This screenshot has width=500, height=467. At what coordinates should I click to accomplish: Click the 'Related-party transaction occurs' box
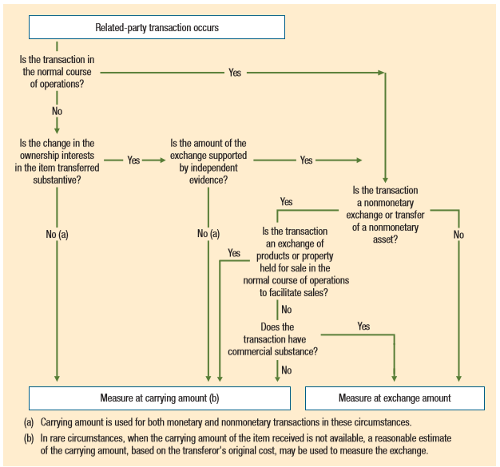(157, 27)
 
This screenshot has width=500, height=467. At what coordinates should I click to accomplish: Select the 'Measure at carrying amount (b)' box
(160, 398)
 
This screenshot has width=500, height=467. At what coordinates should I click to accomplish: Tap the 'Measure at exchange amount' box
(395, 398)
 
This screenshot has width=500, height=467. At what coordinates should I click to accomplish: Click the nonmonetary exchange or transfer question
(385, 214)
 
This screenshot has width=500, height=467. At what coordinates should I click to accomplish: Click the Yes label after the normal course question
(235, 73)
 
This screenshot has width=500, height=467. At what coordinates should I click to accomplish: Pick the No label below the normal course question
(56, 111)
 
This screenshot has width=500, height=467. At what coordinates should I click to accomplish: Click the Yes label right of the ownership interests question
(133, 160)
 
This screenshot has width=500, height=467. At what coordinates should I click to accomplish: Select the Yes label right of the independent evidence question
(307, 160)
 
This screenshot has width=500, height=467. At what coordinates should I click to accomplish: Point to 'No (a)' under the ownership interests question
(56, 235)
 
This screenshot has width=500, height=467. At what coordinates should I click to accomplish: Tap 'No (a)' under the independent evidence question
(208, 234)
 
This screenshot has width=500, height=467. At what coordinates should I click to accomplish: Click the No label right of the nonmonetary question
(458, 235)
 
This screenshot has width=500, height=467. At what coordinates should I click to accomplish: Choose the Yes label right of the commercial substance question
(363, 326)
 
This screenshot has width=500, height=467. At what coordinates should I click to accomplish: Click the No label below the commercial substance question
(286, 370)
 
